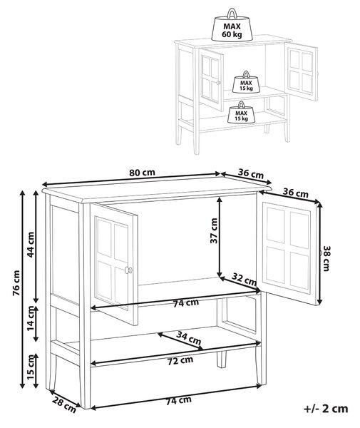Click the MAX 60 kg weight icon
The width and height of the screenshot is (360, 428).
pyautogui.click(x=232, y=26)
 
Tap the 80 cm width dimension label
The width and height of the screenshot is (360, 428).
pyautogui.click(x=142, y=173)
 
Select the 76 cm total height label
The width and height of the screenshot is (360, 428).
pyautogui.click(x=16, y=283)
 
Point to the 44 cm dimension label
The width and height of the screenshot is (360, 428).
pyautogui.click(x=31, y=244)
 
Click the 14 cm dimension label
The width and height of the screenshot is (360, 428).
pyautogui.click(x=31, y=319)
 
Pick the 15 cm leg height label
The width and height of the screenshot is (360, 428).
pyautogui.click(x=31, y=367)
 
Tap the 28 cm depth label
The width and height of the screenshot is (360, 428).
pyautogui.click(x=64, y=404)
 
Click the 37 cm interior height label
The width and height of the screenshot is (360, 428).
pyautogui.click(x=214, y=230)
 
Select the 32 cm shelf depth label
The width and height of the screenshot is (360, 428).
pyautogui.click(x=244, y=278)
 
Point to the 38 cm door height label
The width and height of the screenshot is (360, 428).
pyautogui.click(x=326, y=258)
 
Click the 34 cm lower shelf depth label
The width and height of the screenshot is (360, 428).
pyautogui.click(x=189, y=337)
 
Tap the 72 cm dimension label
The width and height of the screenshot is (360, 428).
pyautogui.click(x=180, y=361)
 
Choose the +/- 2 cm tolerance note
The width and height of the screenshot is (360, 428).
pyautogui.click(x=326, y=409)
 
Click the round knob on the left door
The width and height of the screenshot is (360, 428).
pyautogui.click(x=128, y=270)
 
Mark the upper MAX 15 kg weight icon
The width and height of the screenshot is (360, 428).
pyautogui.click(x=246, y=82)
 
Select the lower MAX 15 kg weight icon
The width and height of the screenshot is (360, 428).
pyautogui.click(x=242, y=112)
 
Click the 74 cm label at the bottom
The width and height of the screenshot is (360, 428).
pyautogui.click(x=179, y=400)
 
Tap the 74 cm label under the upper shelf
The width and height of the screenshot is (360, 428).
pyautogui.click(x=186, y=302)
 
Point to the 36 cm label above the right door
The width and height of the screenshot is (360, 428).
pyautogui.click(x=296, y=193)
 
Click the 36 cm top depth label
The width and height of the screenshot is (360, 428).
pyautogui.click(x=251, y=173)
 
